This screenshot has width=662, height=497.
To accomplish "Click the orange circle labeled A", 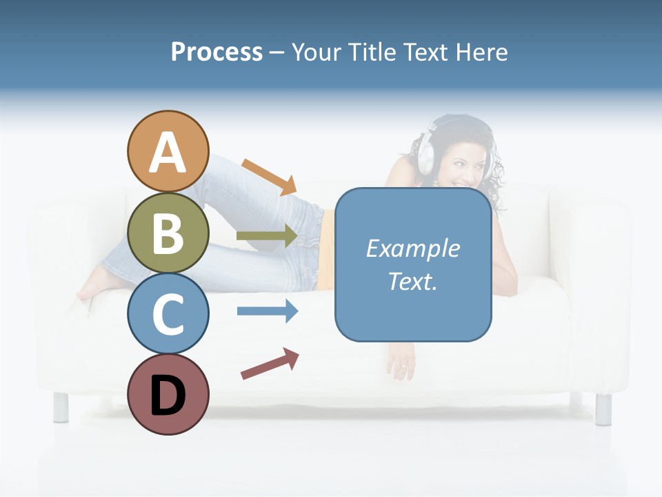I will point(168,152).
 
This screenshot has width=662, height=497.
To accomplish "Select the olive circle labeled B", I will point(168,233).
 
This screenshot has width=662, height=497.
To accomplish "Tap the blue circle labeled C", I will point(168,313).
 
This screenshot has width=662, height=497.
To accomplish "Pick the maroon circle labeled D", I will point(168,395).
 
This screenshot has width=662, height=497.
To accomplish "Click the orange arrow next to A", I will point(269,177).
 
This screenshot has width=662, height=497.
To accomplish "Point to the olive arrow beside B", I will point(267,236).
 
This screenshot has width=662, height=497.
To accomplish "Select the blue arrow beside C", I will point(268,311).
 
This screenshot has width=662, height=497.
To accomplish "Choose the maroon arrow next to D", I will point(270,364).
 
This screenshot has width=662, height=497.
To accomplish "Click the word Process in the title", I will point(217,52).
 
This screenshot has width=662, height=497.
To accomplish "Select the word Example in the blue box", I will point(412,248).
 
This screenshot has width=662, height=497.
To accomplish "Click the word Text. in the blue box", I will point(412,281).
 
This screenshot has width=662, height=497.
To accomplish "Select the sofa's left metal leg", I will point(61,407).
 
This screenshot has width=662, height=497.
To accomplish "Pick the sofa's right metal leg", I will point(603,409).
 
